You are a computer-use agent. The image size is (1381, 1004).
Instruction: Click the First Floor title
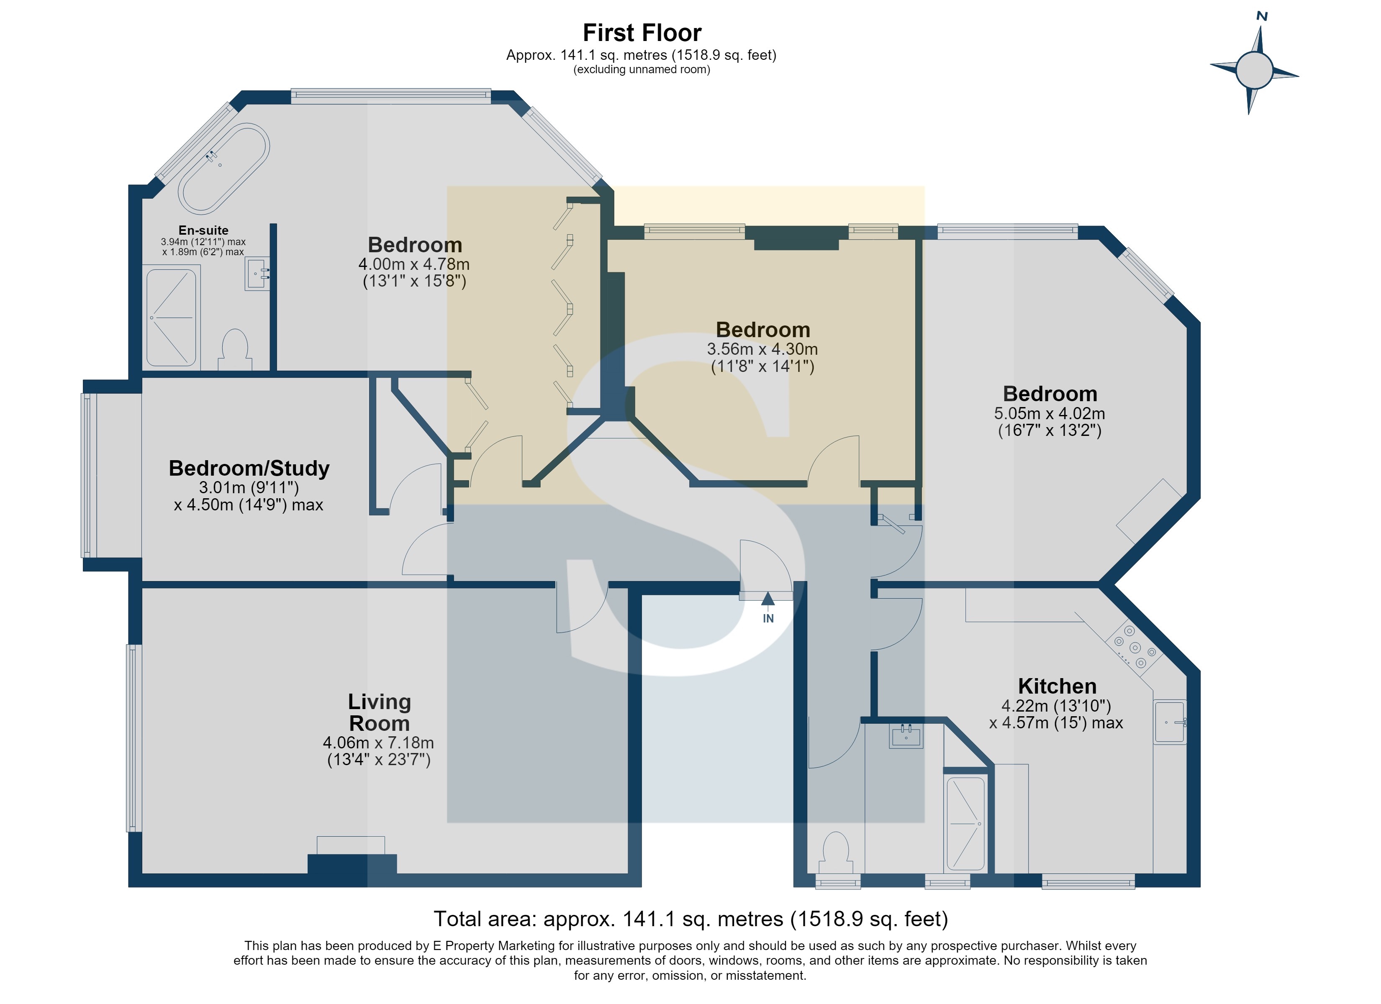click(x=642, y=32)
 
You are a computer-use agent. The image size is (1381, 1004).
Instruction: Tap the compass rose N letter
click(x=1262, y=16)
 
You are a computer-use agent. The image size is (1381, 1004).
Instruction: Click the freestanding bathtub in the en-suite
click(x=223, y=169)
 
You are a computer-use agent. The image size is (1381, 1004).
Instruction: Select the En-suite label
click(x=203, y=230)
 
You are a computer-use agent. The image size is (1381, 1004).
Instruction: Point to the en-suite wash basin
click(x=257, y=273)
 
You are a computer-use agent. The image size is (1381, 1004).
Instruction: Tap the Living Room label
click(x=379, y=712)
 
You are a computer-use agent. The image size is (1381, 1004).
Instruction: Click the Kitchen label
click(x=1057, y=686)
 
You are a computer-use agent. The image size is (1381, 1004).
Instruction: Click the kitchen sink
click(x=1170, y=722)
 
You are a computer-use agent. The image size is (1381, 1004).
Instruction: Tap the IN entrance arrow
click(x=768, y=602)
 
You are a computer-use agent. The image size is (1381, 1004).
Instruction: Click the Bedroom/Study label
click(x=249, y=468)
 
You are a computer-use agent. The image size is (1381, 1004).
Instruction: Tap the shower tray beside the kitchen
click(x=965, y=824)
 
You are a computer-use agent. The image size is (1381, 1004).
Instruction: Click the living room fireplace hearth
click(x=351, y=846)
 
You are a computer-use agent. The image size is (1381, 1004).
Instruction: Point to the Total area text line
click(x=690, y=919)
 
